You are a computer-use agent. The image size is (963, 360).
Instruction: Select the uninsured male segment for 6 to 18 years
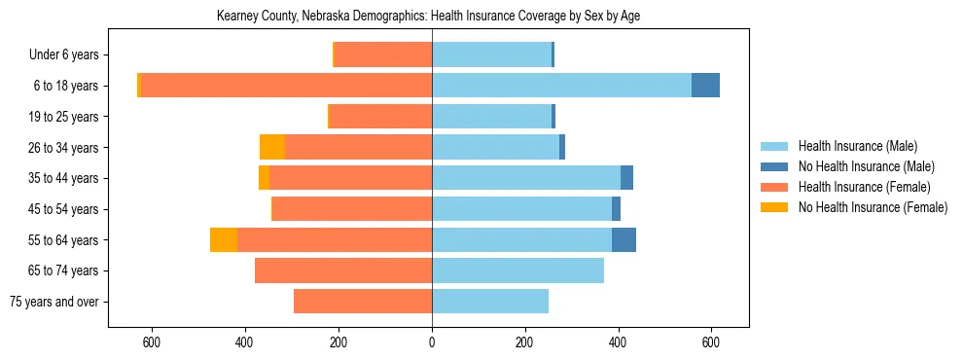tap(705, 86)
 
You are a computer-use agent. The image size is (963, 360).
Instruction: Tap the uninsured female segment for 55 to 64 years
tap(224, 240)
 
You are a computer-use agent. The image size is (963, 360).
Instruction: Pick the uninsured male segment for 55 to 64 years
tap(624, 240)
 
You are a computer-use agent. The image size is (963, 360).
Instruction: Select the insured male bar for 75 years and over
tap(490, 302)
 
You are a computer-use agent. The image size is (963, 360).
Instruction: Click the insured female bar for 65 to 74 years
tap(343, 270)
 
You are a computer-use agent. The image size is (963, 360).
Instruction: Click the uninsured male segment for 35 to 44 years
tap(626, 178)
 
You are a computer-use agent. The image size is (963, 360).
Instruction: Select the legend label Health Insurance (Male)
tap(857, 146)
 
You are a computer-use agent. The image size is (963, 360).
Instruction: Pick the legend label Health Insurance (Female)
tap(864, 187)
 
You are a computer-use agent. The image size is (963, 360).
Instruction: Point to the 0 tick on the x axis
tap(432, 342)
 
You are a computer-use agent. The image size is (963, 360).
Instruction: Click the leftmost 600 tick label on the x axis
tap(152, 342)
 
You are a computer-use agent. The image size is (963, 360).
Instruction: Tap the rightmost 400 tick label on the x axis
tap(618, 342)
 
